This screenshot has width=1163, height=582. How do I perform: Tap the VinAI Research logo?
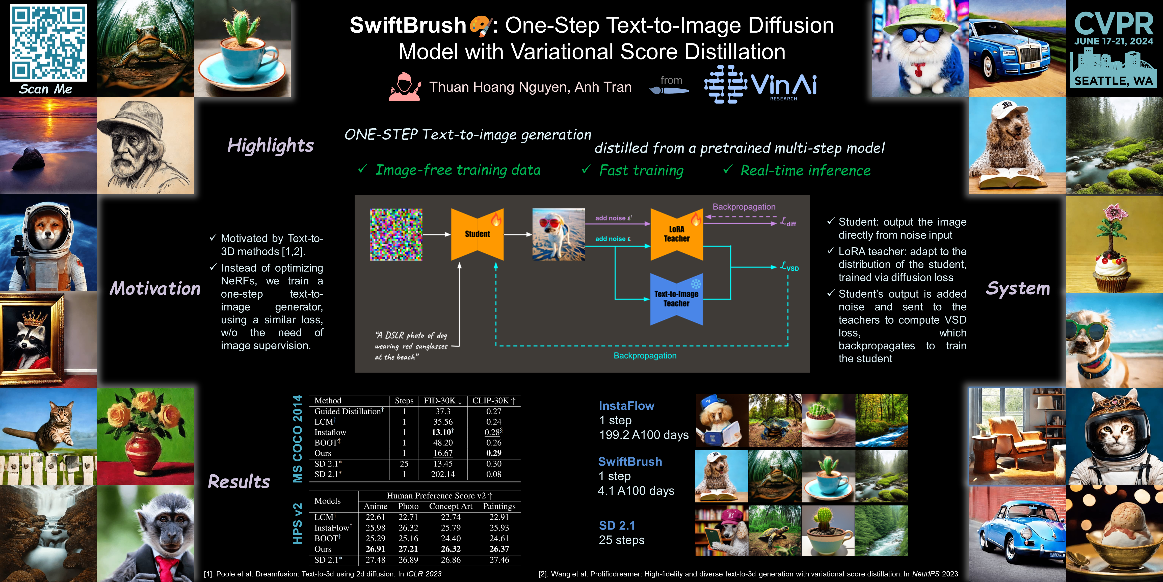point(761,85)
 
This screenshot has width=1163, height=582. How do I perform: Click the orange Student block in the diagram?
point(477,234)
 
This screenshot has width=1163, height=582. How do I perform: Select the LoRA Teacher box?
point(676,234)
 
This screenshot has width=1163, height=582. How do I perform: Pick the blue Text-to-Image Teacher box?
point(676,299)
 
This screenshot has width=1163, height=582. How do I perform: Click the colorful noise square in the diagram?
point(396,234)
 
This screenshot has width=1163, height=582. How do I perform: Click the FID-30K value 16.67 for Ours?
point(443,453)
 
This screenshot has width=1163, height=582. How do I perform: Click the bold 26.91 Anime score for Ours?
point(375,549)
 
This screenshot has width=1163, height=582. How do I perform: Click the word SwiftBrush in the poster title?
point(408,25)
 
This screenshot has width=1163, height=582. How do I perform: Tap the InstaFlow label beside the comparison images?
point(626,406)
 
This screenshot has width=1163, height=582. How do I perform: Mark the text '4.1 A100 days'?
point(636,491)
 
